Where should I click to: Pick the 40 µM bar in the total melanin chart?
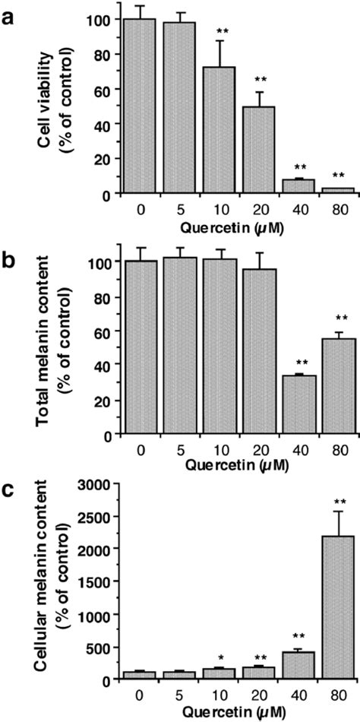point(300,404)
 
